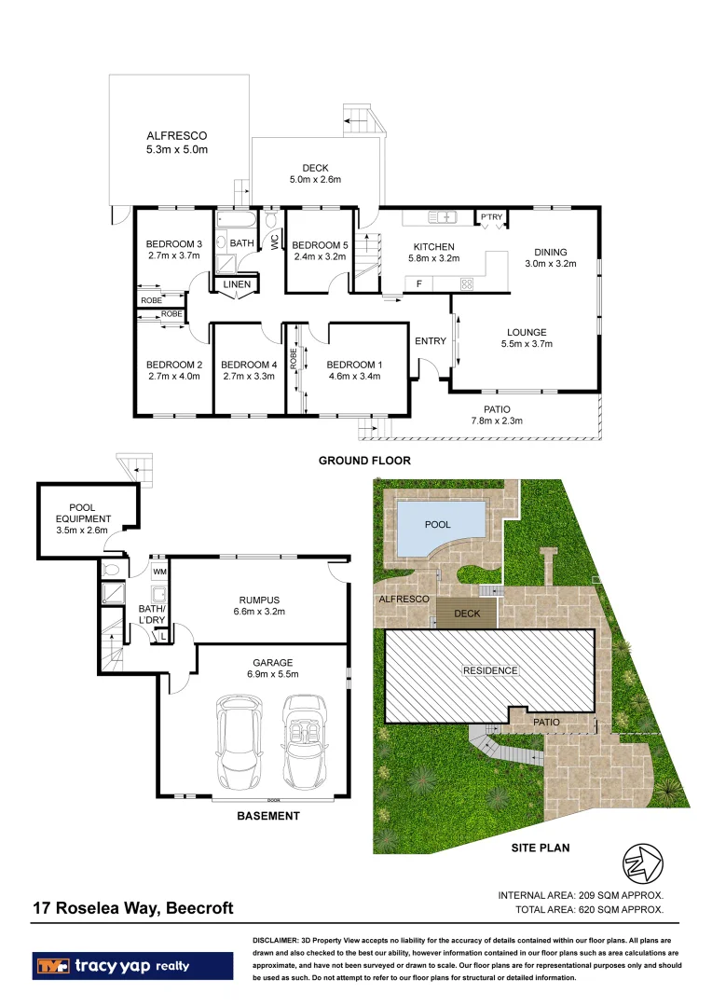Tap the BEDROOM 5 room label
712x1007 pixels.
click(321, 245)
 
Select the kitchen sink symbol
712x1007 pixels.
click(443, 217)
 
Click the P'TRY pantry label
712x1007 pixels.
click(491, 216)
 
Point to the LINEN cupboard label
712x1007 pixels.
click(236, 284)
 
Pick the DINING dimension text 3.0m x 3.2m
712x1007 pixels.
click(550, 264)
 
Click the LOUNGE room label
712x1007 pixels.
click(527, 332)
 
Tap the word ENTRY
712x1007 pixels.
click(431, 341)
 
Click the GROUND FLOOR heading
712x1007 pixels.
click(364, 461)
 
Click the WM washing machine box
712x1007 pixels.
click(159, 571)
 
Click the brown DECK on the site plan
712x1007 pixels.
click(466, 614)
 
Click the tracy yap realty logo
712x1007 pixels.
click(132, 966)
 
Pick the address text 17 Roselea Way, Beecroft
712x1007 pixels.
click(133, 908)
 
